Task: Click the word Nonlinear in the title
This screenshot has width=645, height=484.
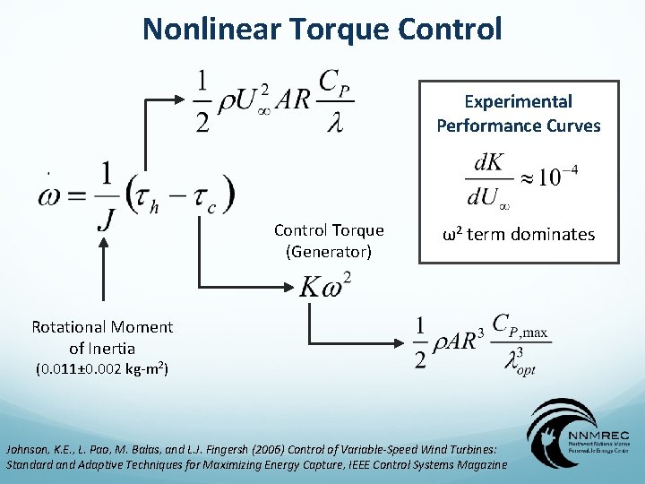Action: pos(211,29)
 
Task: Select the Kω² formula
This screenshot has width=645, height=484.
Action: pos(325,285)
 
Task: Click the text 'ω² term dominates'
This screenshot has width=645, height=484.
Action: pos(519,235)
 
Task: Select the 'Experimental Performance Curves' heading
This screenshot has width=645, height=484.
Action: pos(519,114)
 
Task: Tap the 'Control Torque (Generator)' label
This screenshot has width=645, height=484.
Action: pos(329,241)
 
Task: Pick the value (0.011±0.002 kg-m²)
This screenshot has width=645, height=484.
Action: pos(102,368)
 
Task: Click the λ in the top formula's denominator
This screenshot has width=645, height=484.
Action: pos(333,121)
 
